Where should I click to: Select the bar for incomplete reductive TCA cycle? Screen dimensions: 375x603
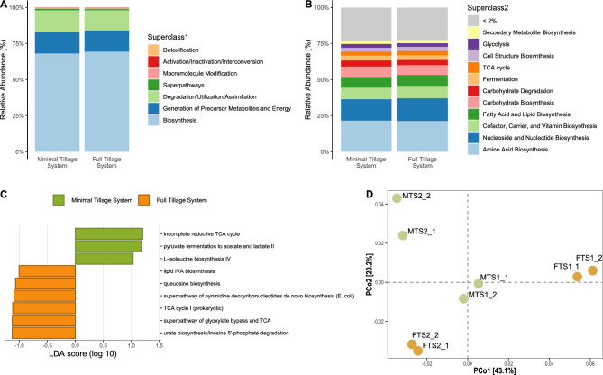tap(109, 233)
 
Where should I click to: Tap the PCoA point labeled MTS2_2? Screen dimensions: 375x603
tap(396, 197)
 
